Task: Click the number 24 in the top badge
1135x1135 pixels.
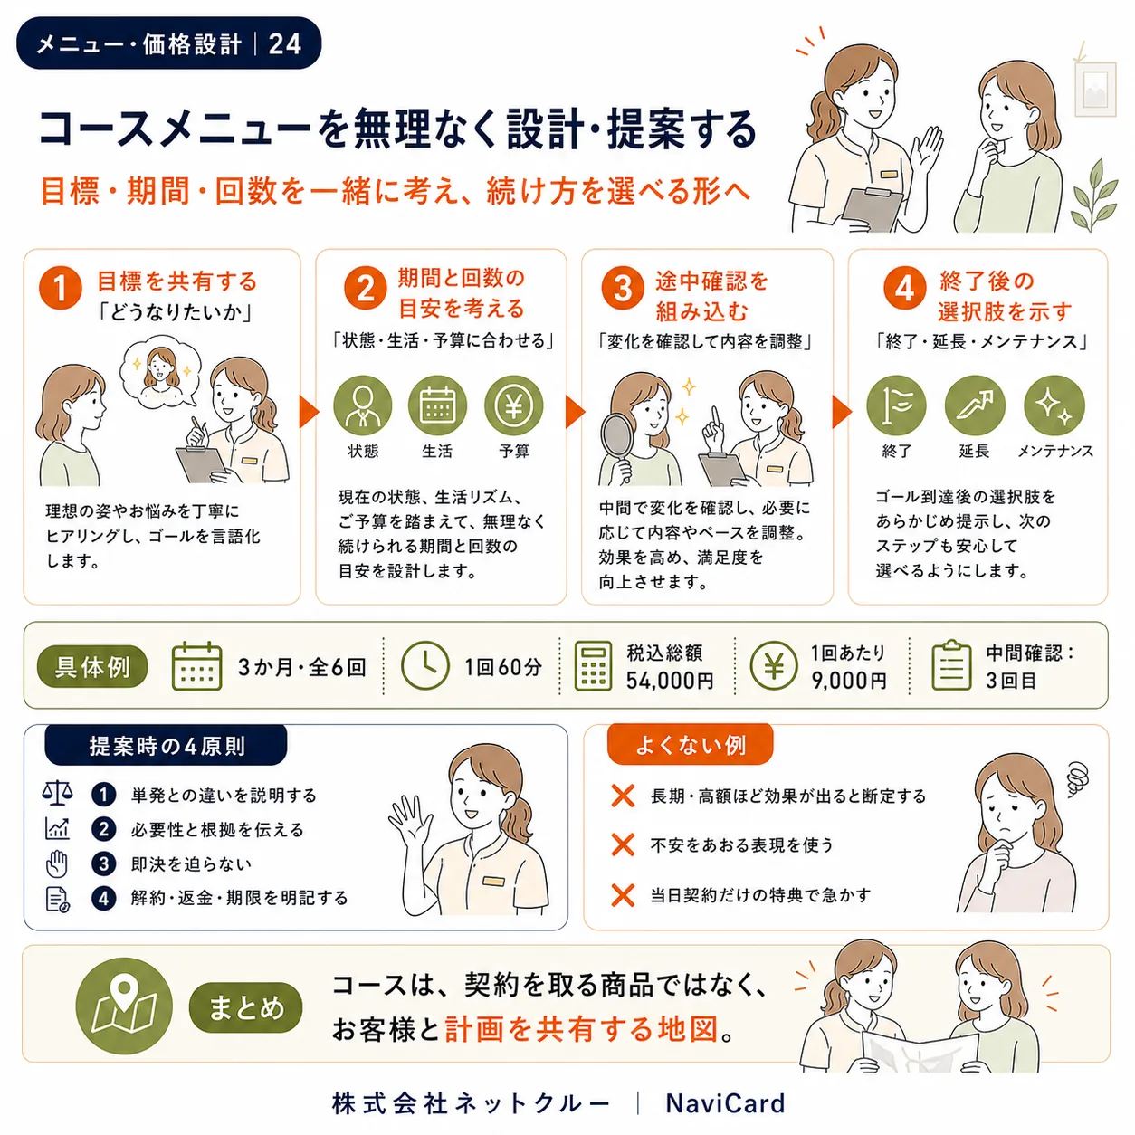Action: [284, 44]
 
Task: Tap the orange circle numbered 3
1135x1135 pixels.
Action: [622, 288]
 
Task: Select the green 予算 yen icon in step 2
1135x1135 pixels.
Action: [513, 405]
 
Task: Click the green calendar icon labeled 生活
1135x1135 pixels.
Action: [437, 405]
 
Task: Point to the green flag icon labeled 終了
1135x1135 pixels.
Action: [896, 405]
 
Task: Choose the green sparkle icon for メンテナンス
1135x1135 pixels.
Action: [1054, 405]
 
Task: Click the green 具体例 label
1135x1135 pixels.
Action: [92, 666]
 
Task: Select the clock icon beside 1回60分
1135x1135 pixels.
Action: [424, 665]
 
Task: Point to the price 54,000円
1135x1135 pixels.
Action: [670, 681]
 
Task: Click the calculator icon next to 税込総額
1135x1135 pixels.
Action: [593, 666]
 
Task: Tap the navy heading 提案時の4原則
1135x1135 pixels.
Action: [167, 746]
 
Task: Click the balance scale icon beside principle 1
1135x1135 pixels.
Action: [57, 794]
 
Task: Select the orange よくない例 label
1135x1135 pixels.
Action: [690, 745]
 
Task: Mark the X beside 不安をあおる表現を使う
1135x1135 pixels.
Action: [623, 845]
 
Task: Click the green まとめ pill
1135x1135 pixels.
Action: [245, 1007]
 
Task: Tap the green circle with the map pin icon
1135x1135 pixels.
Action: [124, 1006]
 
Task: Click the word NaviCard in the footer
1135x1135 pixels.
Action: [725, 1103]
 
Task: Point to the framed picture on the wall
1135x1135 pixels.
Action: [1095, 89]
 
